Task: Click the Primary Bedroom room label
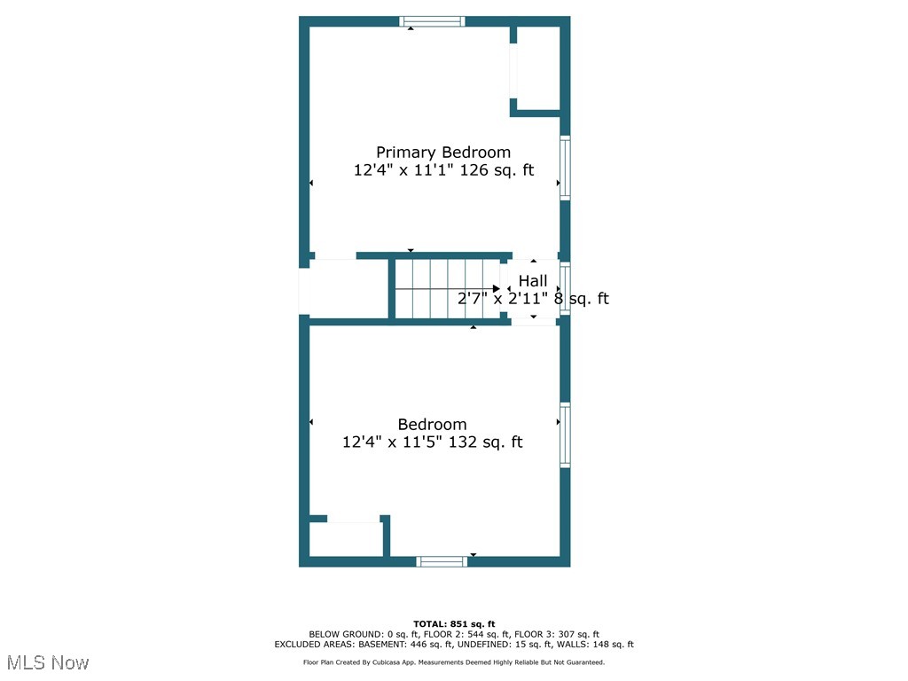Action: tap(443, 152)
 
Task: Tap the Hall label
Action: tap(533, 281)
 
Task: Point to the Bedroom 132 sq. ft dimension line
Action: tap(432, 442)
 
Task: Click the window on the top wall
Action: tap(432, 21)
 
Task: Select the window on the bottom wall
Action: tap(442, 561)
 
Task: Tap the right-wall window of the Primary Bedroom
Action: tap(565, 168)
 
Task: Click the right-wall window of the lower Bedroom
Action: tap(565, 435)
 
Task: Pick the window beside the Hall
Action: tap(565, 289)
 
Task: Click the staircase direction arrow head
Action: tap(497, 289)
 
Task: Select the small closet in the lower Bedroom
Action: tap(346, 539)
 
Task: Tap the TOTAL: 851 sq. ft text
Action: tap(454, 624)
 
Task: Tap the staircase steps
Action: tap(443, 289)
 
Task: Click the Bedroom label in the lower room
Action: tap(432, 424)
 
